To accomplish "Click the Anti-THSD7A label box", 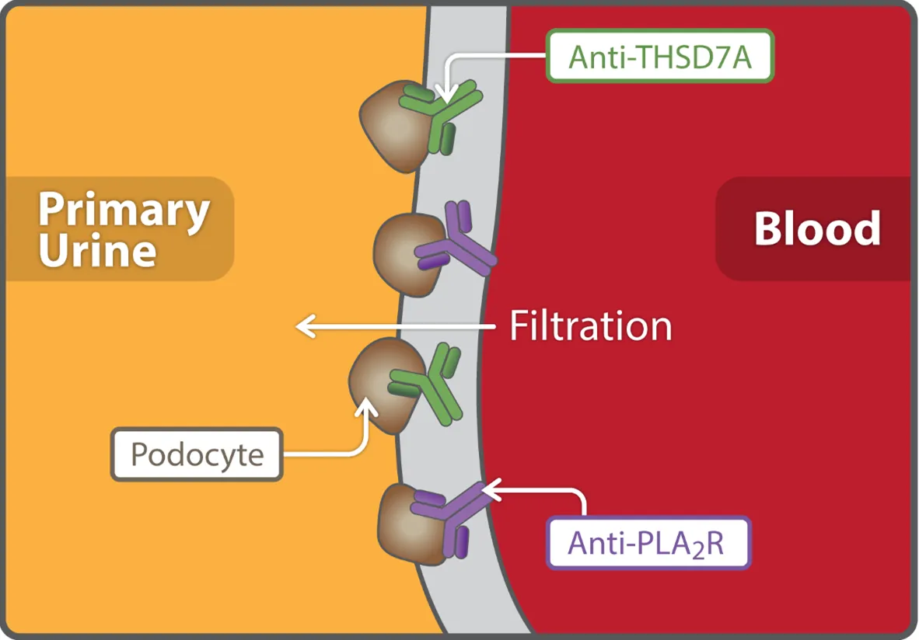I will pos(660,56).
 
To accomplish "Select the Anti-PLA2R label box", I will pos(648,543).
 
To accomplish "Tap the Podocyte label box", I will pos(197,454).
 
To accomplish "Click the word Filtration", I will pos(590,326).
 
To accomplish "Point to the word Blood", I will pos(816,228).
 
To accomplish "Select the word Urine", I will pos(98,250).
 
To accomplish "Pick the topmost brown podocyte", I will pos(392,124).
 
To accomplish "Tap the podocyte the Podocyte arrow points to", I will pos(385,384).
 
